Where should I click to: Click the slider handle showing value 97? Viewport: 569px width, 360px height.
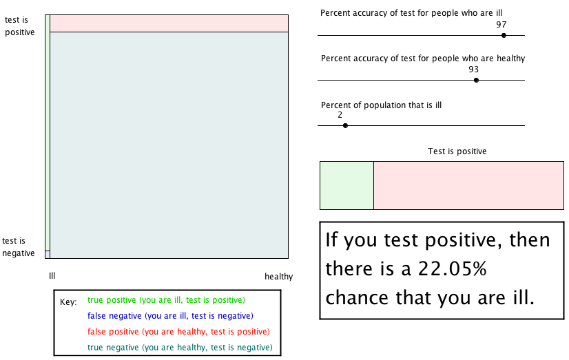(504, 36)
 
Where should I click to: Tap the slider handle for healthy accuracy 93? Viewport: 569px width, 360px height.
(476, 80)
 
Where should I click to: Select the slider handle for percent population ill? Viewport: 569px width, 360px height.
(346, 125)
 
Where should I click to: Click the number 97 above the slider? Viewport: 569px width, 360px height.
(501, 25)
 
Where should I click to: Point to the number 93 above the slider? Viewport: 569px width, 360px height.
(473, 70)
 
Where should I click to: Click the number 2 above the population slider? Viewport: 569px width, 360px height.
(340, 115)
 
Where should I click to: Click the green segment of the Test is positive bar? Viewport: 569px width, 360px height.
(347, 186)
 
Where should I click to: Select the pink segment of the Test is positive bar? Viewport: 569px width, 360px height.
(469, 186)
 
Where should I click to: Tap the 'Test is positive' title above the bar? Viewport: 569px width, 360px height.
(457, 151)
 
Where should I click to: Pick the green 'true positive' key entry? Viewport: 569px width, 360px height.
(166, 300)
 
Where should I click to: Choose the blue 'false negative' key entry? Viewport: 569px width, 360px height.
(170, 316)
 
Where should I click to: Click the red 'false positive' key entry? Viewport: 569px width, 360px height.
(178, 332)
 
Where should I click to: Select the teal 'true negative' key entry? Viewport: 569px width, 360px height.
(180, 348)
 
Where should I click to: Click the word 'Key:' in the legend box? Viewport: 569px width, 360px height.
(68, 302)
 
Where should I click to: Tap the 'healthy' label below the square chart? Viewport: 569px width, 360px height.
(279, 277)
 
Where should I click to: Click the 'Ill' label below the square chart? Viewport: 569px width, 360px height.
(52, 276)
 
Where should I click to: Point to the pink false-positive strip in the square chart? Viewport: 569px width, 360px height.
(169, 23)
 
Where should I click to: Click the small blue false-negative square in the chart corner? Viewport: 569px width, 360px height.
(48, 255)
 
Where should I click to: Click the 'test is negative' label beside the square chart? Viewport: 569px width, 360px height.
(19, 247)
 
